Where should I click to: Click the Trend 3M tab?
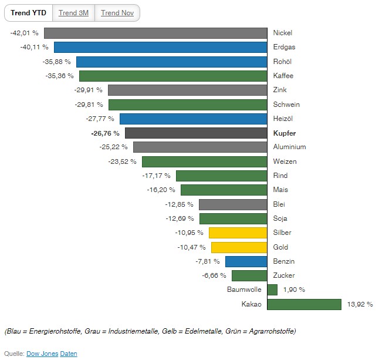coord(73,13)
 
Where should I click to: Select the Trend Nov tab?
coord(117,13)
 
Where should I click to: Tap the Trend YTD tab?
coord(28,13)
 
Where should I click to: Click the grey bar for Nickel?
coord(155,33)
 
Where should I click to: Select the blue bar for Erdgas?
coord(161,47)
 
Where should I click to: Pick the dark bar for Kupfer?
coord(196,133)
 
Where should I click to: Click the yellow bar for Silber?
coord(238,233)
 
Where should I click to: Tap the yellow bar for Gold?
coord(239,247)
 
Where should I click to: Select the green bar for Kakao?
coord(304,304)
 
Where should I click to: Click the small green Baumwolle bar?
coord(272,290)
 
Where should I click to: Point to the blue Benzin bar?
coord(246,261)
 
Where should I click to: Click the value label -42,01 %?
coord(24,33)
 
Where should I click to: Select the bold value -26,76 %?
coord(105,133)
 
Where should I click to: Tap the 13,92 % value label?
coord(361,304)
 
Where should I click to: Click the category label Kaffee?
coord(283,76)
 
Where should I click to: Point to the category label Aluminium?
coord(289,147)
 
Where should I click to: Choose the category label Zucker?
coord(285,275)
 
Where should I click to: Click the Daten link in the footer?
coord(69,354)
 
